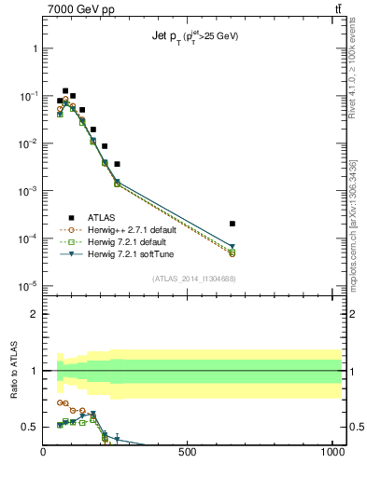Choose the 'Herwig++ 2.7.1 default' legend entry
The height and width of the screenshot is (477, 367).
pyautogui.click(x=128, y=229)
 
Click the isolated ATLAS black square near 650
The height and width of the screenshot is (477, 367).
pyautogui.click(x=233, y=224)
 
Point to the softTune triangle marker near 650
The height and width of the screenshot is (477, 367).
pyautogui.click(x=233, y=247)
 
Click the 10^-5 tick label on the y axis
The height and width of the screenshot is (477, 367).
pyautogui.click(x=28, y=286)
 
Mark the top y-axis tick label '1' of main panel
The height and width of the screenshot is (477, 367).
pyautogui.click(x=34, y=48)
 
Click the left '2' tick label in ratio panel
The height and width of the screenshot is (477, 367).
pyautogui.click(x=34, y=314)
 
